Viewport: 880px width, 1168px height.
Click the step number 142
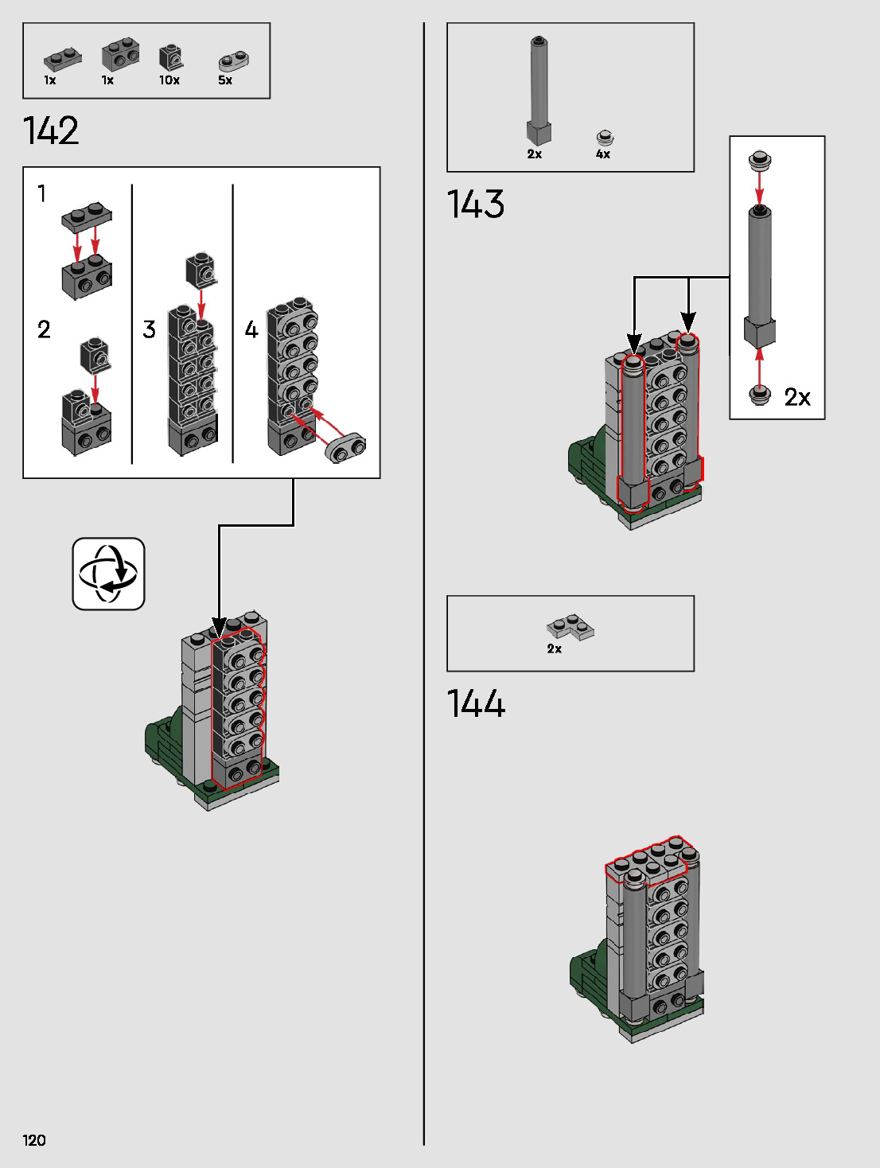51,130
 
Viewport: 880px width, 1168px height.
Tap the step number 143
476,204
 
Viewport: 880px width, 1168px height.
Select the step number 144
476,704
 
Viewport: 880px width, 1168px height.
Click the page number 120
34,1140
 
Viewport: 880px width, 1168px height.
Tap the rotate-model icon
108,574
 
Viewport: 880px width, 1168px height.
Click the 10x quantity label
169,80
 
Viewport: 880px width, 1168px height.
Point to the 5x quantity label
225,80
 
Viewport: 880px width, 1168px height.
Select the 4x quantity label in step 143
603,154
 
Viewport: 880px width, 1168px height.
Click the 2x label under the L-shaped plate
555,649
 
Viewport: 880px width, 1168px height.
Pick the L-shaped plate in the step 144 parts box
571,626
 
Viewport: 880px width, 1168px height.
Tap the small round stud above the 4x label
605,138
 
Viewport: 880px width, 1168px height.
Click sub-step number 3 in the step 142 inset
149,329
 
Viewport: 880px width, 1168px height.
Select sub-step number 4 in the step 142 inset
251,329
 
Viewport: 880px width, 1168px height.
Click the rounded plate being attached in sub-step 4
345,448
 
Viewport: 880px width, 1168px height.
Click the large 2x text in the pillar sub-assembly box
797,397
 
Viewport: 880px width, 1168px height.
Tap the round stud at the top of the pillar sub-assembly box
760,161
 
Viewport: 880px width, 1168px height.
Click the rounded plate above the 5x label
234,60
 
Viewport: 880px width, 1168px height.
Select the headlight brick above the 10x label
170,57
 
